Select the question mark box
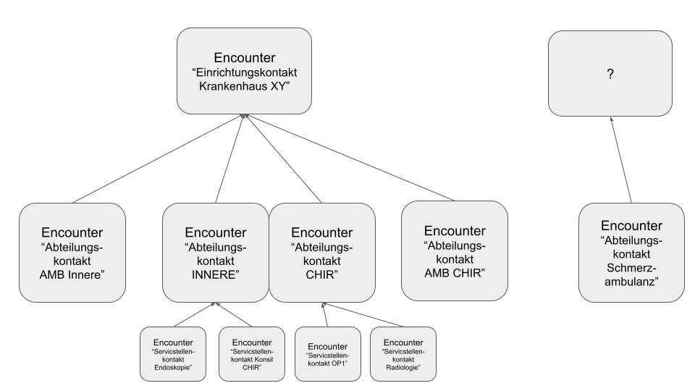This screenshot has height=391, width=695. pos(609,73)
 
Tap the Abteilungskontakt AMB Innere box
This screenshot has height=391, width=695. pos(72,252)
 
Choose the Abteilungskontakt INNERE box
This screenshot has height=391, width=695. pos(215,252)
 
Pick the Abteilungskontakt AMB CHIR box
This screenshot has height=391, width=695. pos(454,251)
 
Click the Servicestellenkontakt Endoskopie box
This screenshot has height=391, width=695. pos(174,353)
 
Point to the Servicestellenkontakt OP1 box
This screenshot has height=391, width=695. pos(328,353)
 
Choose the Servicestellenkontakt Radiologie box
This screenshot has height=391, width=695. pos(403,353)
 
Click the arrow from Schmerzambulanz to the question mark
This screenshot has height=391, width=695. pos(621,159)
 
